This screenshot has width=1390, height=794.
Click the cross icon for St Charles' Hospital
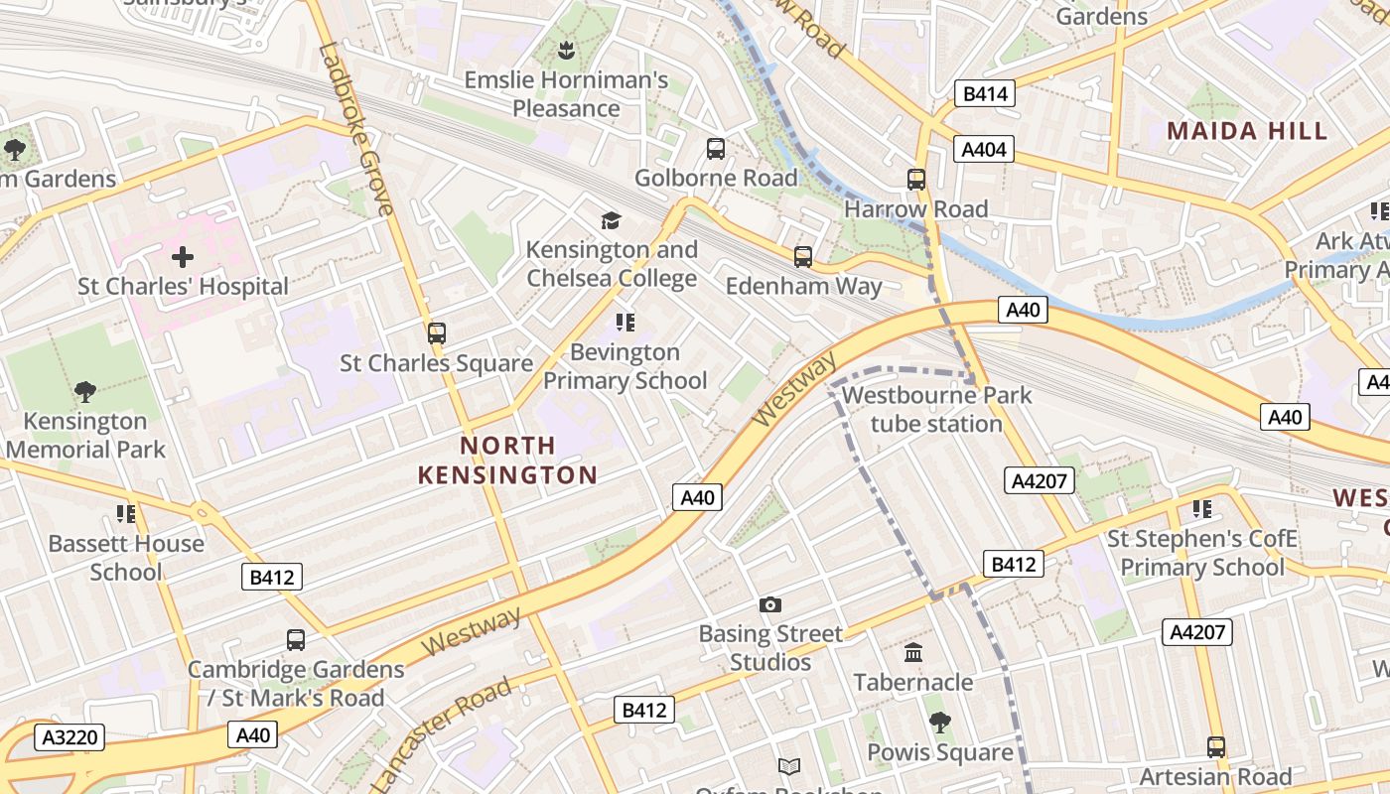[183, 258]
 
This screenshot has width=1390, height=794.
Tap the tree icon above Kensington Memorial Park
[85, 392]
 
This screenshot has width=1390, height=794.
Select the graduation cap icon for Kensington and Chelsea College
[611, 220]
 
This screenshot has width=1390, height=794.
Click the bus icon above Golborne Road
[715, 149]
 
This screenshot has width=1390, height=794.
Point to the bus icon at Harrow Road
[916, 180]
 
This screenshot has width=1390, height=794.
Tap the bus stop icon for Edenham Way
[802, 257]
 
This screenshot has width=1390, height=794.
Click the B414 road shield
[985, 94]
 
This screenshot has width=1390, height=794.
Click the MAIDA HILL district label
[1247, 131]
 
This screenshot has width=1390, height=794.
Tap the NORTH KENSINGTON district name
[507, 461]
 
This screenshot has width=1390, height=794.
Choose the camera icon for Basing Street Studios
[769, 604]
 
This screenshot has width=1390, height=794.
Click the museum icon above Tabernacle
[913, 653]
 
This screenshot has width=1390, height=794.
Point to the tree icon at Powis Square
[939, 723]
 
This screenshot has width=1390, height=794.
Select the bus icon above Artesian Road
[1215, 746]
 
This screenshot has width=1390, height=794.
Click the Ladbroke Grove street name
[356, 128]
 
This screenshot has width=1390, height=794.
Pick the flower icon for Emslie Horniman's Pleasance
[566, 50]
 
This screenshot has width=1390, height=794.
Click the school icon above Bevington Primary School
[625, 322]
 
